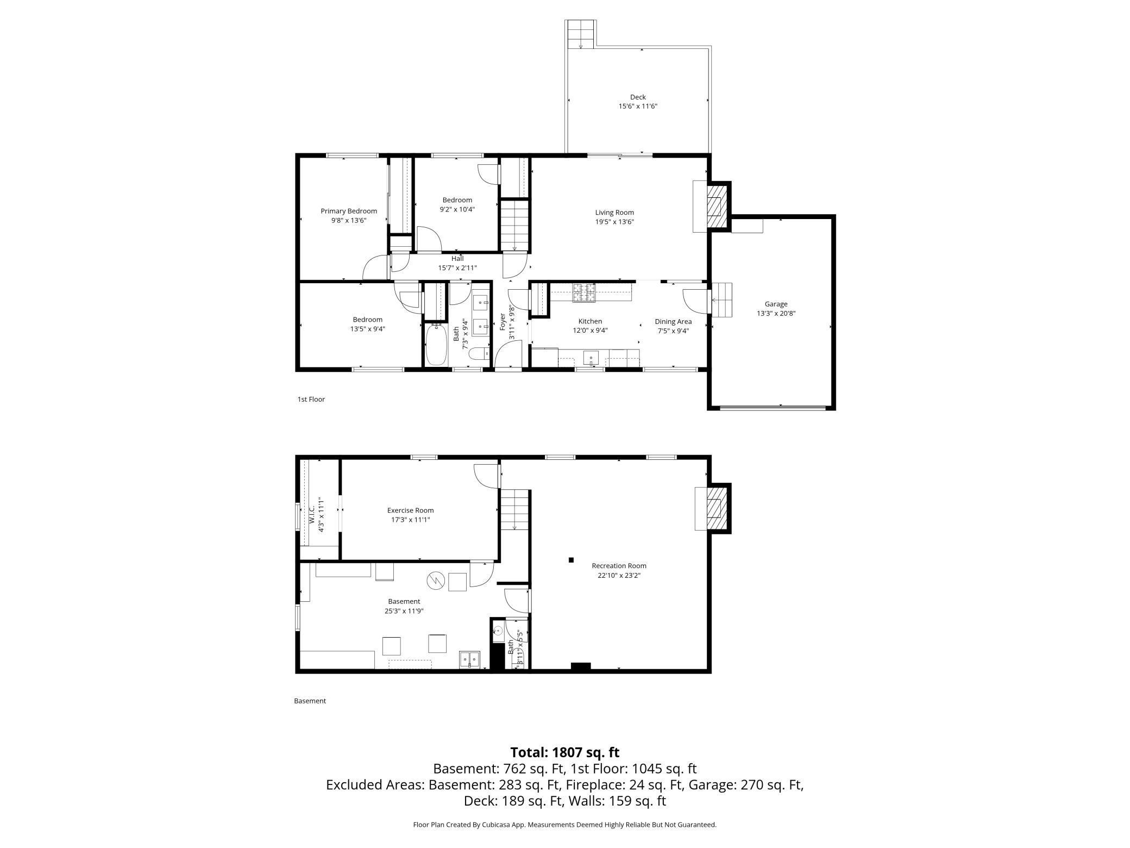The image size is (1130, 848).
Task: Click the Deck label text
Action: (x=638, y=97)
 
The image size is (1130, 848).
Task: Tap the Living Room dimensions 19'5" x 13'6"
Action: (x=614, y=222)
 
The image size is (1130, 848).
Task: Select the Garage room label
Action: (x=776, y=304)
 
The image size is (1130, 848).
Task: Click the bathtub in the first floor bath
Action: (x=435, y=345)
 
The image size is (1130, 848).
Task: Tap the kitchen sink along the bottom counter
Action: (x=591, y=358)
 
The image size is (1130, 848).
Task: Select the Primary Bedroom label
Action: (x=348, y=211)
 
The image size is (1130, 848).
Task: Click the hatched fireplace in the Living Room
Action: (x=717, y=207)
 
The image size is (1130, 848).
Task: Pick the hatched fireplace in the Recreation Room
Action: (x=717, y=508)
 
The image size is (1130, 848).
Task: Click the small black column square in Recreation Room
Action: (x=571, y=560)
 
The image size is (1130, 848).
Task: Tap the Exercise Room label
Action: (x=410, y=510)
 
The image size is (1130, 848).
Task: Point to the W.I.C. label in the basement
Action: (x=312, y=514)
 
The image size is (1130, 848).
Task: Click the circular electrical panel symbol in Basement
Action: (x=435, y=581)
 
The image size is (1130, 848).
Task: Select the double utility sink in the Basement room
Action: (x=469, y=659)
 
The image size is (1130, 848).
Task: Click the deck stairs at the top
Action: (x=581, y=34)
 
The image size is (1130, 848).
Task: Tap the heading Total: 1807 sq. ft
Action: (x=564, y=752)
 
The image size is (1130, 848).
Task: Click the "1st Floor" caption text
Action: (x=311, y=400)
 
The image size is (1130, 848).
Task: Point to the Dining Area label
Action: (x=673, y=322)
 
